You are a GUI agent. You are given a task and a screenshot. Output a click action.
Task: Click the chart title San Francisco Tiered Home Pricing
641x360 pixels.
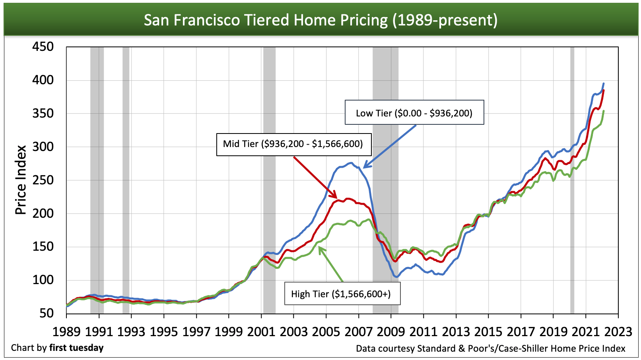click(x=320, y=20)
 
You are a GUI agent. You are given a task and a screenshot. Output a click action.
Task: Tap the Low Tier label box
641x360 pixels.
click(x=414, y=113)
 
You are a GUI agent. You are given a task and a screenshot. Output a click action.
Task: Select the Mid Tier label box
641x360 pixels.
click(x=293, y=144)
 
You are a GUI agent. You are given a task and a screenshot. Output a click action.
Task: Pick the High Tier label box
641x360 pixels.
click(x=341, y=294)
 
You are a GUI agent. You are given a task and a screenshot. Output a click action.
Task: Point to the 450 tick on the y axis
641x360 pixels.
click(x=43, y=47)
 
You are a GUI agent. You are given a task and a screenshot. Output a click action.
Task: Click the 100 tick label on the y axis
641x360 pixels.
click(x=43, y=280)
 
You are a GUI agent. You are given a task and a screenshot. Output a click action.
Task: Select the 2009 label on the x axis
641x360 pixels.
click(x=390, y=331)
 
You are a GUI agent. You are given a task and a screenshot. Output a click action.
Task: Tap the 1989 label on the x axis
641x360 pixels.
click(x=66, y=331)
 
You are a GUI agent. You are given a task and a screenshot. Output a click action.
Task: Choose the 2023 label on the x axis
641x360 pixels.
click(x=618, y=331)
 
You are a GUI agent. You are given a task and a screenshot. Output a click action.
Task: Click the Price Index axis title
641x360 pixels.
click(x=21, y=180)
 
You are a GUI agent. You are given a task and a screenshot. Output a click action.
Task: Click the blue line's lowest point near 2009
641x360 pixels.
click(x=396, y=277)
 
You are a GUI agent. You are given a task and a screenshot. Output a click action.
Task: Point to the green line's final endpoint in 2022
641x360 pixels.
click(x=604, y=111)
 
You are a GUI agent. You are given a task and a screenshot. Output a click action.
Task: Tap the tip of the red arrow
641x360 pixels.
click(x=337, y=198)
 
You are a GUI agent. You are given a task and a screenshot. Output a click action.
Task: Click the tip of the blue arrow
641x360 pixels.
click(x=363, y=168)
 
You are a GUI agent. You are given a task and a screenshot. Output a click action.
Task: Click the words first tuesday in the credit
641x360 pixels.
click(x=76, y=348)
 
